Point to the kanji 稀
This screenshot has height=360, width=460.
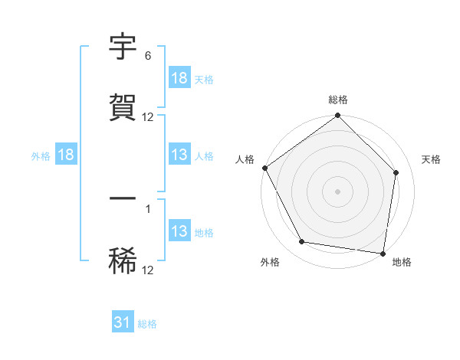(x=123, y=260)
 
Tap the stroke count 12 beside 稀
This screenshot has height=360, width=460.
(x=148, y=269)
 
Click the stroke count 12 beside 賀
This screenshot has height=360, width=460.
(x=148, y=117)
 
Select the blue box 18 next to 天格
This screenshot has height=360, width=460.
(x=179, y=78)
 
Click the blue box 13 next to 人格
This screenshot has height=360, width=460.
(x=179, y=155)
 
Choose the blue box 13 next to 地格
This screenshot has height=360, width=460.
(x=179, y=231)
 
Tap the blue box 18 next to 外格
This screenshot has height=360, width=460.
(x=66, y=155)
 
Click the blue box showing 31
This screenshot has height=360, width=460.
(x=123, y=323)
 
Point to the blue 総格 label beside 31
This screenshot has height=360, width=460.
(x=147, y=325)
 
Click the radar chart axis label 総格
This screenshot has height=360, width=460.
(x=338, y=100)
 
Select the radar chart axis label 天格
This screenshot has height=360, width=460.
(x=432, y=159)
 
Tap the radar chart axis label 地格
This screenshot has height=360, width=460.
(x=402, y=263)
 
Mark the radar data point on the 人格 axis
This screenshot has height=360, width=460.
(x=264, y=168)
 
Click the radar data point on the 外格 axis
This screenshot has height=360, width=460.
(x=302, y=243)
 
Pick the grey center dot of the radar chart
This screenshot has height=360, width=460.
(x=338, y=191)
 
